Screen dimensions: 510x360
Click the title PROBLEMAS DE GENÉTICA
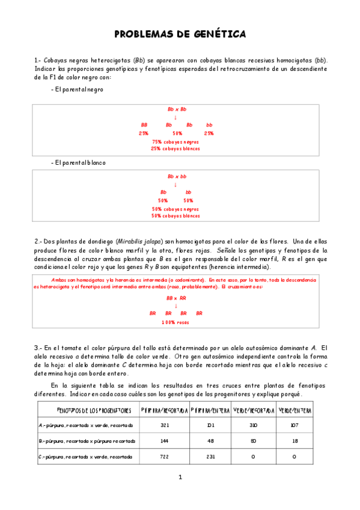pyautogui.click(x=180, y=34)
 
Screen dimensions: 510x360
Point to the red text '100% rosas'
pyautogui.click(x=175, y=322)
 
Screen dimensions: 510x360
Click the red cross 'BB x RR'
pyautogui.click(x=176, y=298)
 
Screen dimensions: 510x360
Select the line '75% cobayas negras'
pyautogui.click(x=175, y=141)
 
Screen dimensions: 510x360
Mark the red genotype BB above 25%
pyautogui.click(x=144, y=125)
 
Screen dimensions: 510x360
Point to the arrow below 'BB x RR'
pyautogui.click(x=176, y=306)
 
